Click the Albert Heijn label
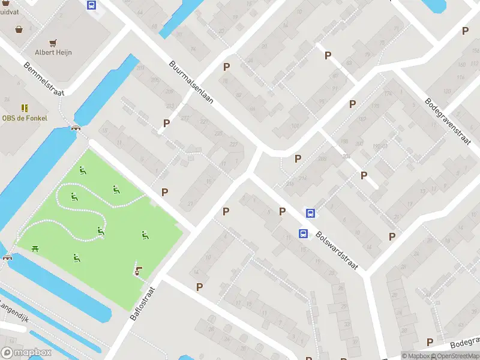[53, 52]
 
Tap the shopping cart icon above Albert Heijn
[53, 43]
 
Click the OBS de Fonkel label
[25, 118]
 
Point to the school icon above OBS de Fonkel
[25, 108]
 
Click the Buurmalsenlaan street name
[191, 83]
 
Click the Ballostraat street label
[142, 303]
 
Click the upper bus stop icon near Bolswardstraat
[311, 213]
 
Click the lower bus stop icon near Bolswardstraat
[304, 233]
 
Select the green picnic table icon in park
[35, 248]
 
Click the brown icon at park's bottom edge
[139, 271]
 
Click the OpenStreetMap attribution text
[458, 356]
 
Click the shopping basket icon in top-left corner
[20, 28]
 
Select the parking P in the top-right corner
[465, 31]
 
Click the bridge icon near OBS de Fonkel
[76, 128]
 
